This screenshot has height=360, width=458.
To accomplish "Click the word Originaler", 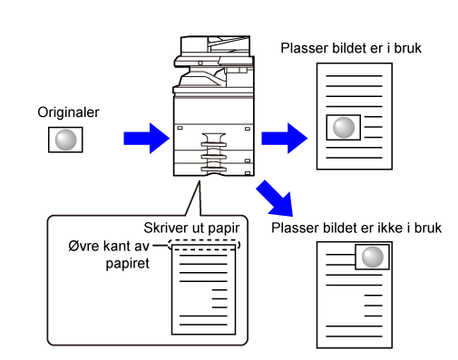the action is coord(68,112).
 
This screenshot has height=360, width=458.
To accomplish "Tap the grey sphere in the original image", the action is coord(65,140).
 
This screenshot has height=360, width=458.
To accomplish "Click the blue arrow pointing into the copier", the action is coord(147,138).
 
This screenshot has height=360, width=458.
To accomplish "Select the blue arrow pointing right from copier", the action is coord(285,138).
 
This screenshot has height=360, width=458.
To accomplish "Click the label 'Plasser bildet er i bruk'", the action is coord(351,48).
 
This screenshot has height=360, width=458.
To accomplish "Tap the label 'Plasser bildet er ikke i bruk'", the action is coord(356,228).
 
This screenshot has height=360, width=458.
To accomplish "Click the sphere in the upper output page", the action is coord(344,127).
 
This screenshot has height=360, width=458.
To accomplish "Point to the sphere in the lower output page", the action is coord(373,257).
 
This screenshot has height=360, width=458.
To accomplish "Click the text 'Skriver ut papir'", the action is coord(191,229).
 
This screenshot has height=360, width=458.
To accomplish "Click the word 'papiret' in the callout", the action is coord(127,264).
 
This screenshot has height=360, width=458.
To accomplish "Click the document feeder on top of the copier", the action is coord(215,45).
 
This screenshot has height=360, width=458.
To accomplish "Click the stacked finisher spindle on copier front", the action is coord(214,153).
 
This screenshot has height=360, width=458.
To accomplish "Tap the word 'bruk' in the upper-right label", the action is coord(408,48).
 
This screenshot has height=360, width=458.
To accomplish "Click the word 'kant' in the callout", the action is coord(116,246).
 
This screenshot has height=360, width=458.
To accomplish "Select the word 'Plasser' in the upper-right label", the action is coord(305,48).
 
